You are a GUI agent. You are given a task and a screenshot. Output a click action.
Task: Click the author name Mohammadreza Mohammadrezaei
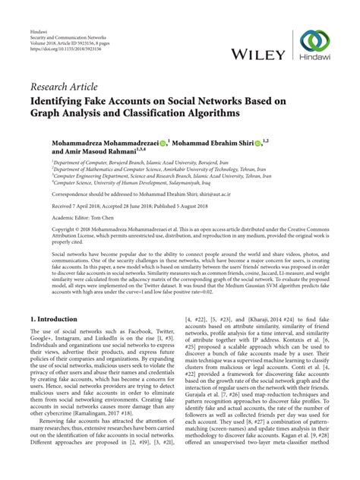point(113,142)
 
